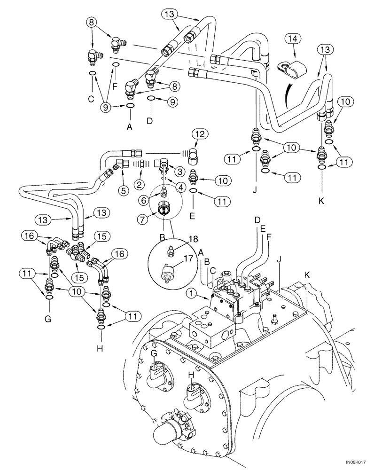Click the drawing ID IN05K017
tap(357, 462)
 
